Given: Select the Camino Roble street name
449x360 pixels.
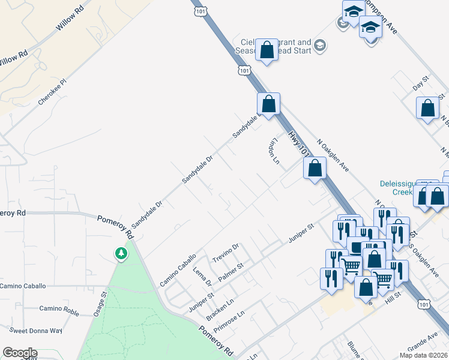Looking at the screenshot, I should click(59, 309).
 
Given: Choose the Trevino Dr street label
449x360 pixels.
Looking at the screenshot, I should click(226, 253).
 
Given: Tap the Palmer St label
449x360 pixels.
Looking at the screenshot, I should click(231, 273).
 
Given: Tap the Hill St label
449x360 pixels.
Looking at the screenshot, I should click(393, 299).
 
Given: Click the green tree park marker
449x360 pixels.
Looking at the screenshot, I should click(122, 253).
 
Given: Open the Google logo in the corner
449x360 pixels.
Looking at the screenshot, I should click(20, 353).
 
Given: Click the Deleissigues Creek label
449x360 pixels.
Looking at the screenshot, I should click(402, 187).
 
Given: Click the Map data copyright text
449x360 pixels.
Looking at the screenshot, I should click(423, 355).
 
